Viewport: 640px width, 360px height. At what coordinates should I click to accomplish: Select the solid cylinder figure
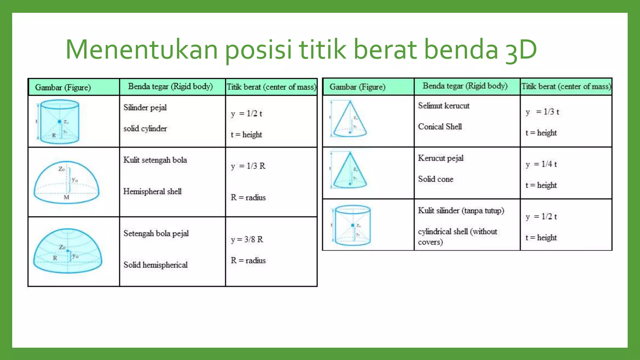coord(59,122)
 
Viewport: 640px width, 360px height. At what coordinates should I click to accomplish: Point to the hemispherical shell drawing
coord(66,182)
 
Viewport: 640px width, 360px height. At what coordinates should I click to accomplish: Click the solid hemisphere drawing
coord(67,251)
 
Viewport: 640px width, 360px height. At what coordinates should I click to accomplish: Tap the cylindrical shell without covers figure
coord(352,225)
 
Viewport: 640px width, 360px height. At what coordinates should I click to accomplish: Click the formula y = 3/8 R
coord(247,239)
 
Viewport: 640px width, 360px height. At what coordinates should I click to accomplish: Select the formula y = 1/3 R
coord(248,166)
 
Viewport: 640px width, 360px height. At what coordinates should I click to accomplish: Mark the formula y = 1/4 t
coord(541,164)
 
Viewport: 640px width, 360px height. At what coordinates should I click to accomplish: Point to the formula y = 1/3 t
coord(542,112)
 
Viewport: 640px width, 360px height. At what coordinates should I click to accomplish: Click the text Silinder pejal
coord(145,107)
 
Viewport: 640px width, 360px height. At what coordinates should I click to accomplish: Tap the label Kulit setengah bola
coord(155,160)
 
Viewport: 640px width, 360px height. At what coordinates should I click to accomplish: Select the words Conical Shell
coord(440,127)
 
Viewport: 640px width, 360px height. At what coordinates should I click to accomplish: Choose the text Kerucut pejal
coord(441,158)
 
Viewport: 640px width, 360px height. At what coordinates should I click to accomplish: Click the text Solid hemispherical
coord(155,265)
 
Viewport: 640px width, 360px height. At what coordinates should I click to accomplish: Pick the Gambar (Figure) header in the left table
coord(63,87)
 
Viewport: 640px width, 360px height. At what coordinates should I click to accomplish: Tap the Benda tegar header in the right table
coord(465,86)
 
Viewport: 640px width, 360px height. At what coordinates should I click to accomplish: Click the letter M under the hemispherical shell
coord(66,197)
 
